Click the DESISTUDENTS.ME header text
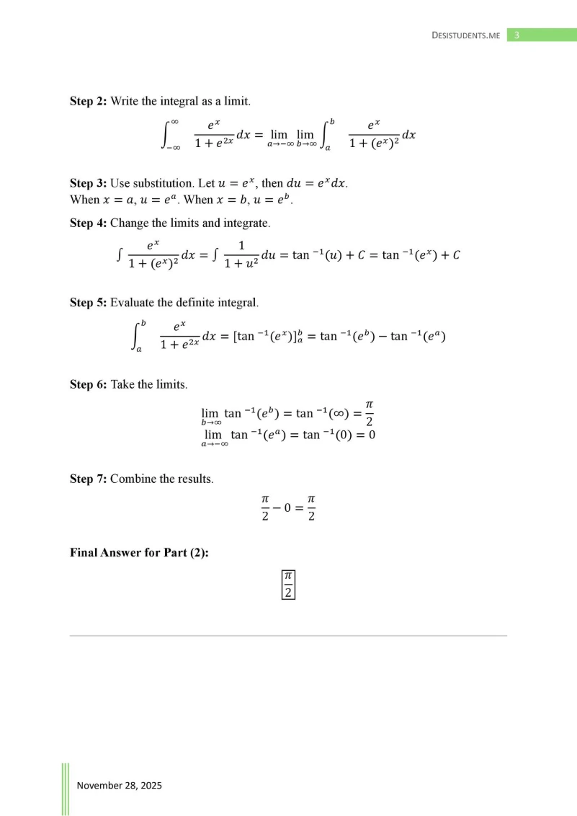[x=465, y=35]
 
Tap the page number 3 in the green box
[x=517, y=35]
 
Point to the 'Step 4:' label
[x=88, y=223]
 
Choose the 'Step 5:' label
[x=88, y=303]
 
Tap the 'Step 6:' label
[x=88, y=385]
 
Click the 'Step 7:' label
[x=88, y=479]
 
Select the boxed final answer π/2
[x=288, y=584]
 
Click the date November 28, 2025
[x=120, y=785]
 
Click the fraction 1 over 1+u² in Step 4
[x=241, y=256]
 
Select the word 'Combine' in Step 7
[x=132, y=479]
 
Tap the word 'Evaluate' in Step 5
[x=133, y=303]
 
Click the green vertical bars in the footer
[x=66, y=789]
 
